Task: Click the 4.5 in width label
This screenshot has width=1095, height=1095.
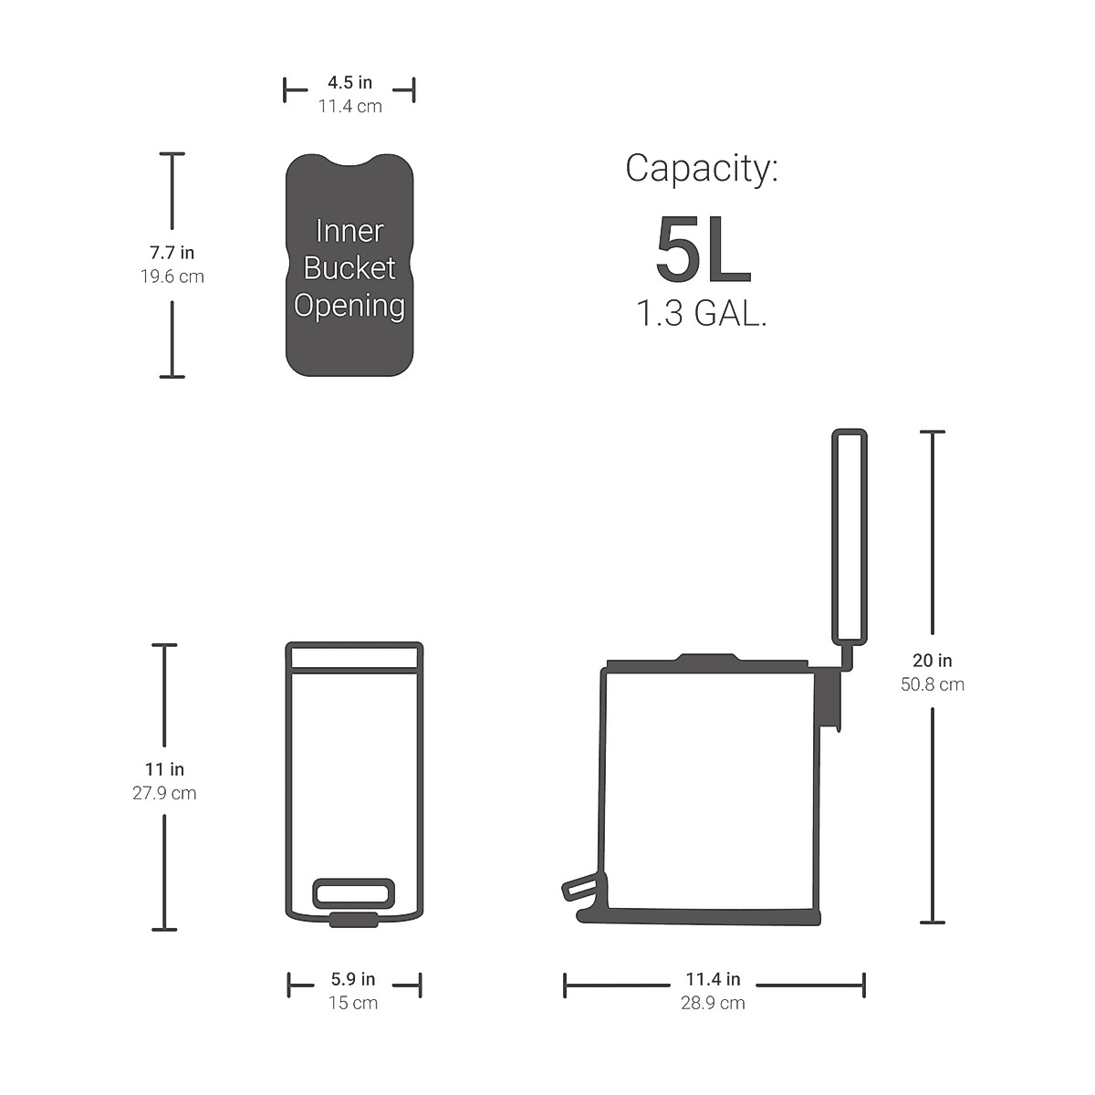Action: coord(349,82)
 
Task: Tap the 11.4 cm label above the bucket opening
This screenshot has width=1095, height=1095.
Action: coord(349,106)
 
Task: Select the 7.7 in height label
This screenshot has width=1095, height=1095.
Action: coord(172,252)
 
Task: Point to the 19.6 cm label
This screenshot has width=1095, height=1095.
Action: coord(172,276)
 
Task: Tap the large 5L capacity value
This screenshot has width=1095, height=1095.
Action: coord(704,249)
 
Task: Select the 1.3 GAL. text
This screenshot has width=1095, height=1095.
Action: coord(702,313)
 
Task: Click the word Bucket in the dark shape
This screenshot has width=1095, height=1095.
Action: coord(349,268)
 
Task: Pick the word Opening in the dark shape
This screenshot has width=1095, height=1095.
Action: coord(349,307)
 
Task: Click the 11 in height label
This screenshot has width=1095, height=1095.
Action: coord(164,769)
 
